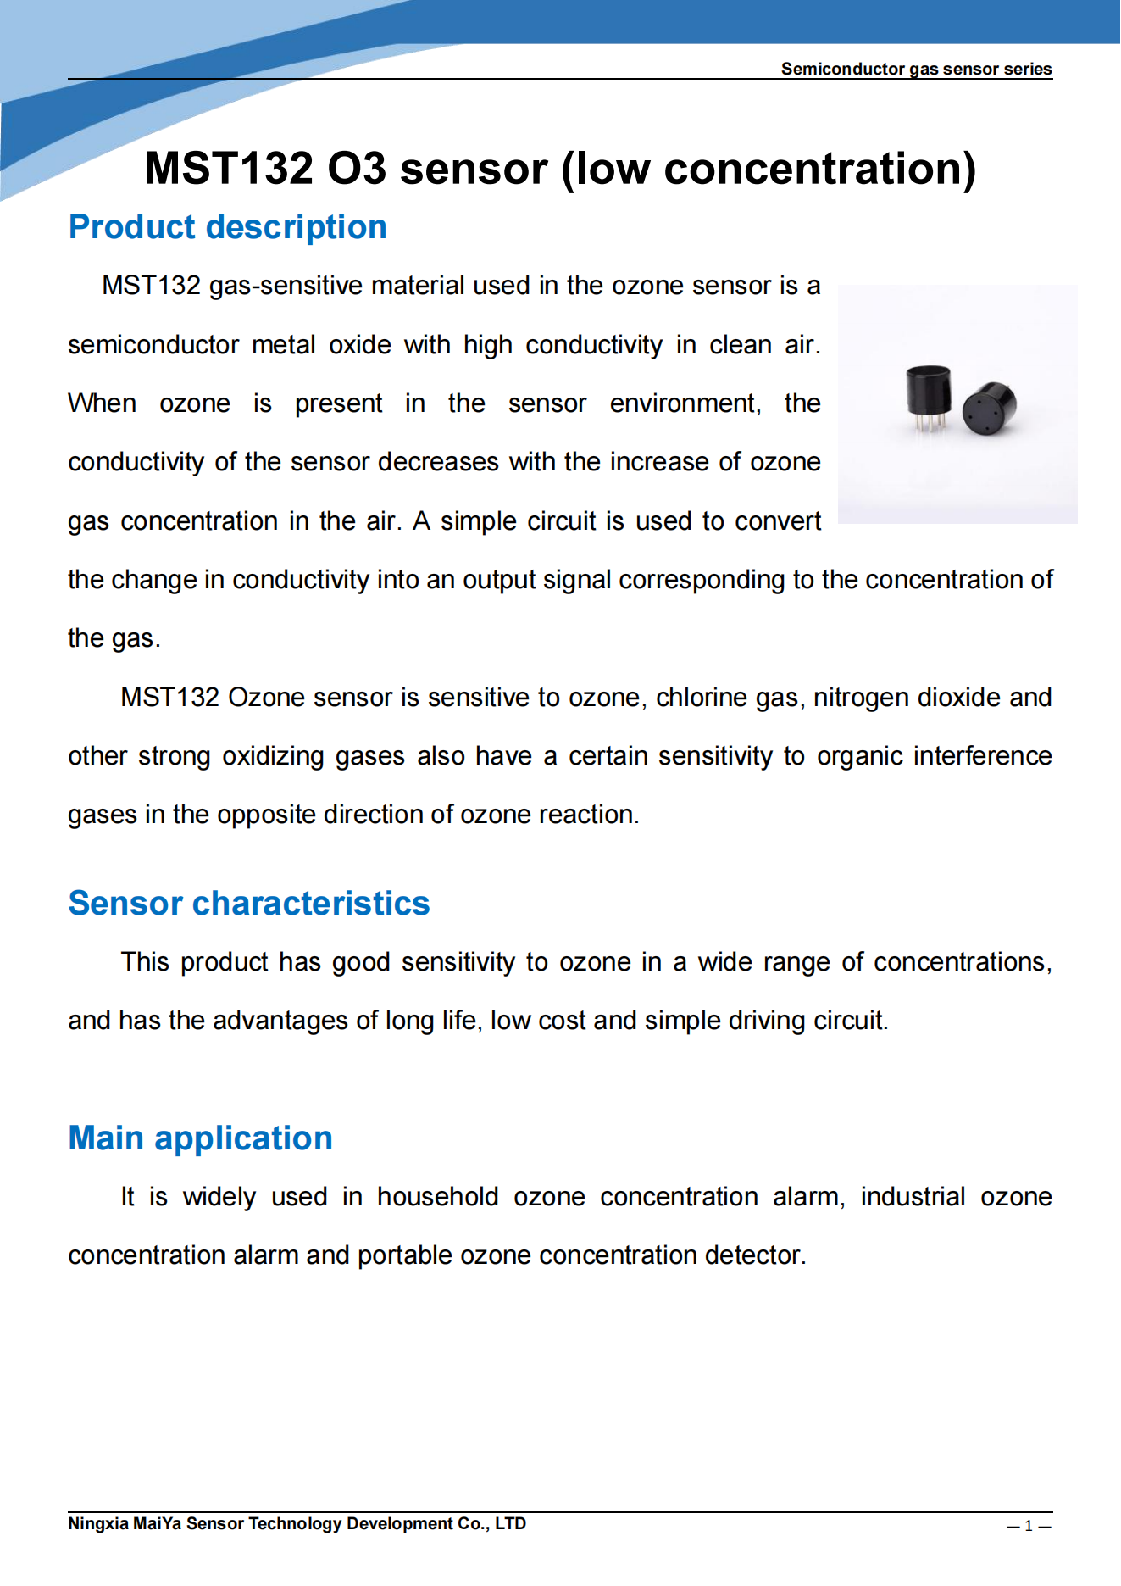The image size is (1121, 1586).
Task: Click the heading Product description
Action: point(227,227)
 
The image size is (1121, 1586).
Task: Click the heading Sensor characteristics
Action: point(248,904)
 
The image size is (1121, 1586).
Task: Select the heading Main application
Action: point(200,1138)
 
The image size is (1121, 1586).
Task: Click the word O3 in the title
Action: point(357,169)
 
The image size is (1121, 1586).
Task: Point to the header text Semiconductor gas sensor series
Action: point(915,69)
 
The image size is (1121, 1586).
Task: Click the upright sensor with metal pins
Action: point(929,391)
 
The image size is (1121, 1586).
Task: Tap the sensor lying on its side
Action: point(989,408)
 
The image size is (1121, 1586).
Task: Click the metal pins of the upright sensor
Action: point(929,420)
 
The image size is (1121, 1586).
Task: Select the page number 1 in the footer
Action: point(1029,1526)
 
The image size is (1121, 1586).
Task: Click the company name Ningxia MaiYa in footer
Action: point(125,1523)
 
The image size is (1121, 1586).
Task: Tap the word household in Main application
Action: point(437,1197)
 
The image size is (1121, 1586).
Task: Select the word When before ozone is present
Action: point(102,403)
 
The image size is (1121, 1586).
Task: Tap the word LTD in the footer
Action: point(510,1523)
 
